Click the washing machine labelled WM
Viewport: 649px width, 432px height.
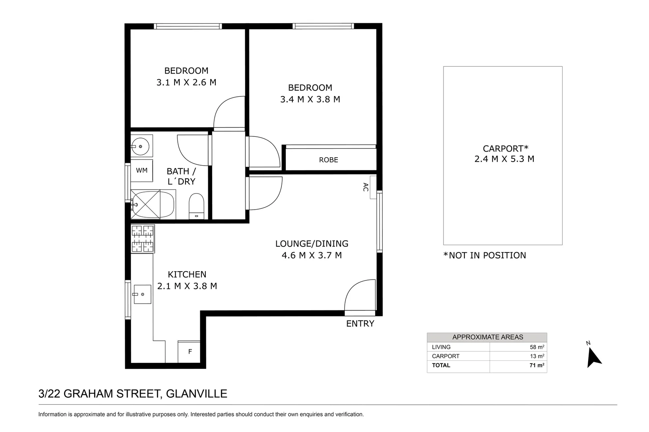[x=142, y=170]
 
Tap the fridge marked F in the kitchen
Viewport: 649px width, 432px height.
[x=189, y=352]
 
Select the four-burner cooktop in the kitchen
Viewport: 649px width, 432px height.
[x=143, y=239]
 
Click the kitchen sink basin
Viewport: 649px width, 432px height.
[x=142, y=294]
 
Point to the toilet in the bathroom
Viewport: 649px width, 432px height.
[x=197, y=206]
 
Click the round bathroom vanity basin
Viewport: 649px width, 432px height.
[x=141, y=146]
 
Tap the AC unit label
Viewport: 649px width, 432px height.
[x=366, y=187]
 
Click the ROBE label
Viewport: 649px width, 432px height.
[x=329, y=160]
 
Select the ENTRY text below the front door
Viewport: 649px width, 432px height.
[x=360, y=324]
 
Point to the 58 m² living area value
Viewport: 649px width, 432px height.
[x=537, y=347]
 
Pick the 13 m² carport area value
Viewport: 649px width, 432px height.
[x=537, y=356]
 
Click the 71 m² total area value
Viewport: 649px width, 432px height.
[x=537, y=365]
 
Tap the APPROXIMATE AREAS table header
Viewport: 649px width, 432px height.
[x=488, y=337]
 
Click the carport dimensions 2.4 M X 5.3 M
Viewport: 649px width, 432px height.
[x=504, y=159]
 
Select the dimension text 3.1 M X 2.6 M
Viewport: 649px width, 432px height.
[x=186, y=82]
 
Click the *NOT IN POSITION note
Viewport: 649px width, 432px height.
[x=485, y=255]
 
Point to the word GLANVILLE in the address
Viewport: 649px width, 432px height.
[x=197, y=394]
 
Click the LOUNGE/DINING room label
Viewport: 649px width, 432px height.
[x=312, y=244]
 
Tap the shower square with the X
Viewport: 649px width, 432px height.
[x=145, y=204]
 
